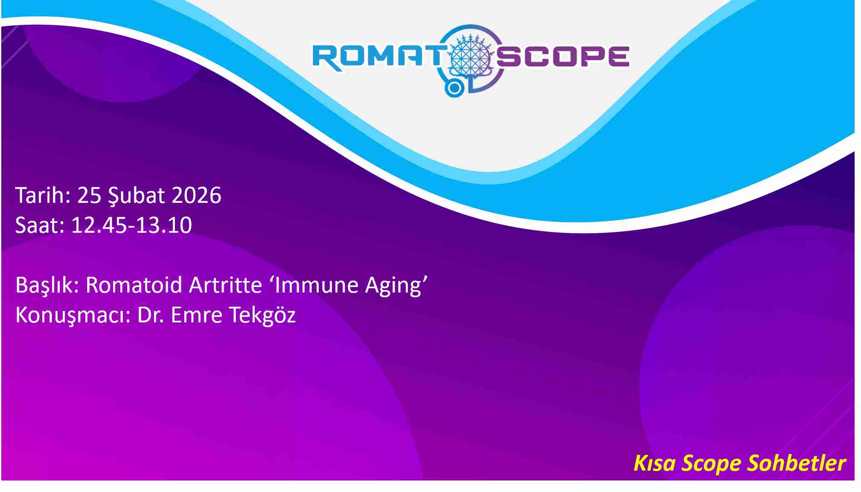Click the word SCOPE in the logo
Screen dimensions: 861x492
point(563,56)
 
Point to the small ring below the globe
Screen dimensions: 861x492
point(454,88)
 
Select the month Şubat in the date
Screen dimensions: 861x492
point(136,196)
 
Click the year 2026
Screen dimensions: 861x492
point(196,195)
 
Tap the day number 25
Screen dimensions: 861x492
point(89,195)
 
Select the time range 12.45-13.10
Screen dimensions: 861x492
point(131,225)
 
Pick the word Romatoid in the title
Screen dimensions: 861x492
point(134,285)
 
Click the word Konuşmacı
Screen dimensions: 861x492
point(70,315)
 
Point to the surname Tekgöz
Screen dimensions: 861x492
point(262,316)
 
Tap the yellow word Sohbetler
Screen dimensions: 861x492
point(797,463)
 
